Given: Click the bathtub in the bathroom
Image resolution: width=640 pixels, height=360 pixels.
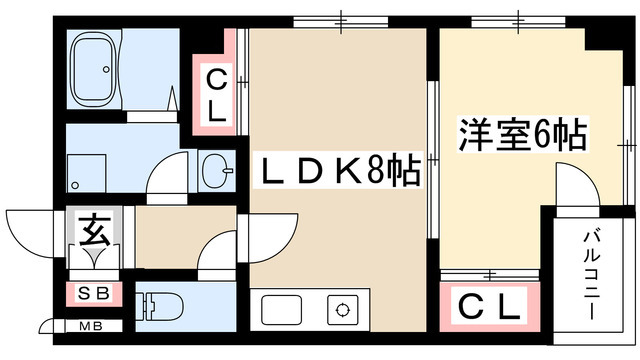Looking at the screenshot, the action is click(x=94, y=69).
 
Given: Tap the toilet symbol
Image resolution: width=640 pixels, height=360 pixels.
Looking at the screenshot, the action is click(x=160, y=306).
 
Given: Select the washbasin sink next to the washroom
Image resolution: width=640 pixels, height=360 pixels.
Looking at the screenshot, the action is click(x=217, y=170).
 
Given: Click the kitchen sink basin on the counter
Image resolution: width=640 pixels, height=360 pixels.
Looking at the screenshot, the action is click(x=282, y=310).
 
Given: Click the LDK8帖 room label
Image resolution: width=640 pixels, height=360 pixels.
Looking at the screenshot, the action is click(x=337, y=170).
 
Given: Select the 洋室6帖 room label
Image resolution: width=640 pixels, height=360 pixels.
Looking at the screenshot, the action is click(x=522, y=134).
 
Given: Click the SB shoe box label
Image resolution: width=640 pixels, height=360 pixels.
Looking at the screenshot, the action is click(x=94, y=293).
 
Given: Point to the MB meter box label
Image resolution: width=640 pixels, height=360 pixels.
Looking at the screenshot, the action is click(x=91, y=326).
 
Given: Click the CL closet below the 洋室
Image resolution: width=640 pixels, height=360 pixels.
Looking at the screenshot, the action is click(x=489, y=307).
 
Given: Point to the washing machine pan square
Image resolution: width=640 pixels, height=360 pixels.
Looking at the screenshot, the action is click(x=86, y=173).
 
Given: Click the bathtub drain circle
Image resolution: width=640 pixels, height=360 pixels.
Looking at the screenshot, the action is click(x=106, y=69).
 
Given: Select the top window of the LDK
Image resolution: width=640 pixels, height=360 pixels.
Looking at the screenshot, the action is click(x=341, y=21).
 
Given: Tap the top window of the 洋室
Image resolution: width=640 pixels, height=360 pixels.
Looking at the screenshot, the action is click(x=518, y=21).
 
